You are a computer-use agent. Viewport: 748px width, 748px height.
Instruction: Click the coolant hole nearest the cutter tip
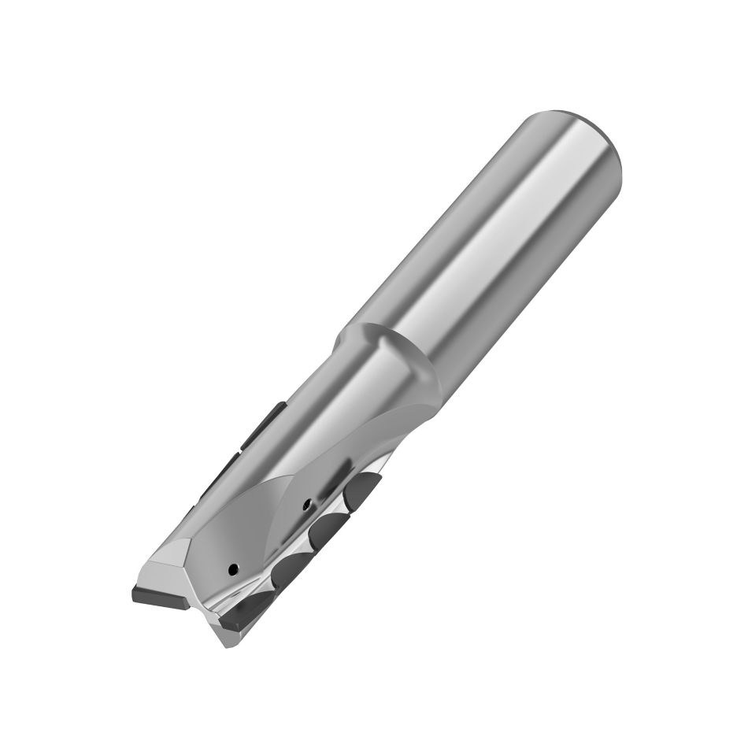[x=233, y=565]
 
